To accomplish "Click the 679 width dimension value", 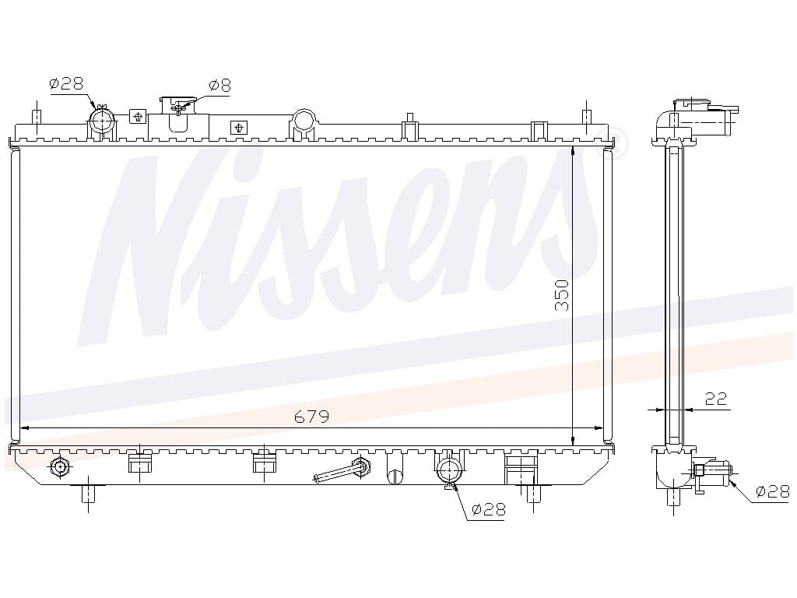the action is (x=311, y=417).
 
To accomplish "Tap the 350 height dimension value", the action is (x=562, y=295).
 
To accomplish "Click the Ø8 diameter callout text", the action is (x=219, y=86).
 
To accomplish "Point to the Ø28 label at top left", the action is (x=67, y=83).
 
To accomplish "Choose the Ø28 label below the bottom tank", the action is (x=489, y=509).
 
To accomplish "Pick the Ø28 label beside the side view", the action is (x=773, y=491).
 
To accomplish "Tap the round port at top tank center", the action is (x=304, y=121).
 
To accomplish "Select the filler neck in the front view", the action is (x=178, y=114).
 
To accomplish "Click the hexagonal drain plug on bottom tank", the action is (x=60, y=466).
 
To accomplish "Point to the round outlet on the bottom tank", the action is (x=448, y=470).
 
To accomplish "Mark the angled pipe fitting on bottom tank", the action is (x=342, y=470).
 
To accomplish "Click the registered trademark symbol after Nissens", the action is (x=616, y=145).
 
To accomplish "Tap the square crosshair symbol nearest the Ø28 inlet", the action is (x=138, y=117).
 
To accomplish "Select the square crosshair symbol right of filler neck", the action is (x=238, y=127).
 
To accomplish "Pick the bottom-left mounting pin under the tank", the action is (x=89, y=493).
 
